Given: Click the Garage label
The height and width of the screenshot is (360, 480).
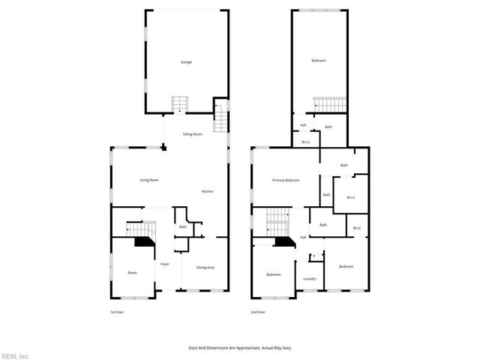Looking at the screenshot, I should point(186,61).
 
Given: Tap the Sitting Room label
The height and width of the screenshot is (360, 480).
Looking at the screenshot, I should point(193,134).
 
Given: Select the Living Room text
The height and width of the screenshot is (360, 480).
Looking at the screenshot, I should point(149,180).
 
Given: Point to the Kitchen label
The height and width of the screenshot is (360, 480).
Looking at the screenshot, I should point(208,191).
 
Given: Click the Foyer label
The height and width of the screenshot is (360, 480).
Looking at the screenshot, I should point(165,264).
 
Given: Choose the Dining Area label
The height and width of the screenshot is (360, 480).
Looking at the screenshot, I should point(205,268).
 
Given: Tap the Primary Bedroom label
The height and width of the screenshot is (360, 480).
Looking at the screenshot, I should point(286,180).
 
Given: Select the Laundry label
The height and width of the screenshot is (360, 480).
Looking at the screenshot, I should point(310,279).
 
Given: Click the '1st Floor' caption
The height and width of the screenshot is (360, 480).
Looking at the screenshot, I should point(118,312).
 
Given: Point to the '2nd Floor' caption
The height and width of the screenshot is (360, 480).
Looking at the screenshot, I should point(258,312).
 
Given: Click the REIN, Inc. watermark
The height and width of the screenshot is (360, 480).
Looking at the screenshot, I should point(15,355).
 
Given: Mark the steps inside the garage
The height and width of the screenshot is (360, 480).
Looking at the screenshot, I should point(181,103).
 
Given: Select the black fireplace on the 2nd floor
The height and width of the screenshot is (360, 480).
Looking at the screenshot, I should point(283,241).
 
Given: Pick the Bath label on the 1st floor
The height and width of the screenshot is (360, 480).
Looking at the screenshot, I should point(182,226).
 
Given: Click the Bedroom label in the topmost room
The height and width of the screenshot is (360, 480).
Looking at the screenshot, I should point(319,60).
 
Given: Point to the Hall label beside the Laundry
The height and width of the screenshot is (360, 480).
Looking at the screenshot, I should point(303,237).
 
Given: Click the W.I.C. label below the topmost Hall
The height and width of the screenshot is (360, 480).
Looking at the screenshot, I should point(306,142).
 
